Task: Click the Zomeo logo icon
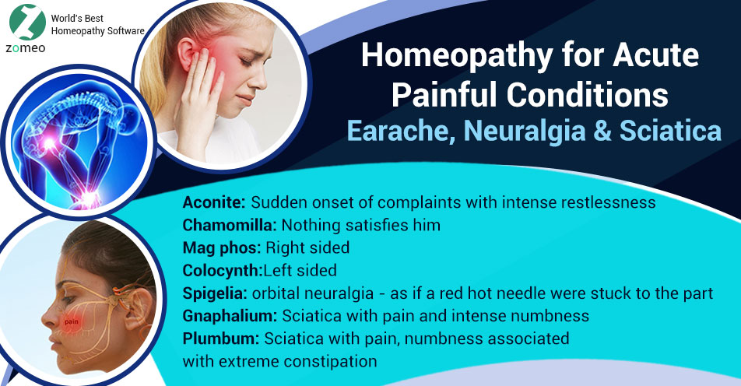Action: (x=25, y=23)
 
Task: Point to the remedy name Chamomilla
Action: (x=230, y=226)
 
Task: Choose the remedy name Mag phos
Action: (x=222, y=248)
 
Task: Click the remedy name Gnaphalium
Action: (x=230, y=316)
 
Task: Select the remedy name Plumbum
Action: (x=221, y=339)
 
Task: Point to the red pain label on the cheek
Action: (x=72, y=321)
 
